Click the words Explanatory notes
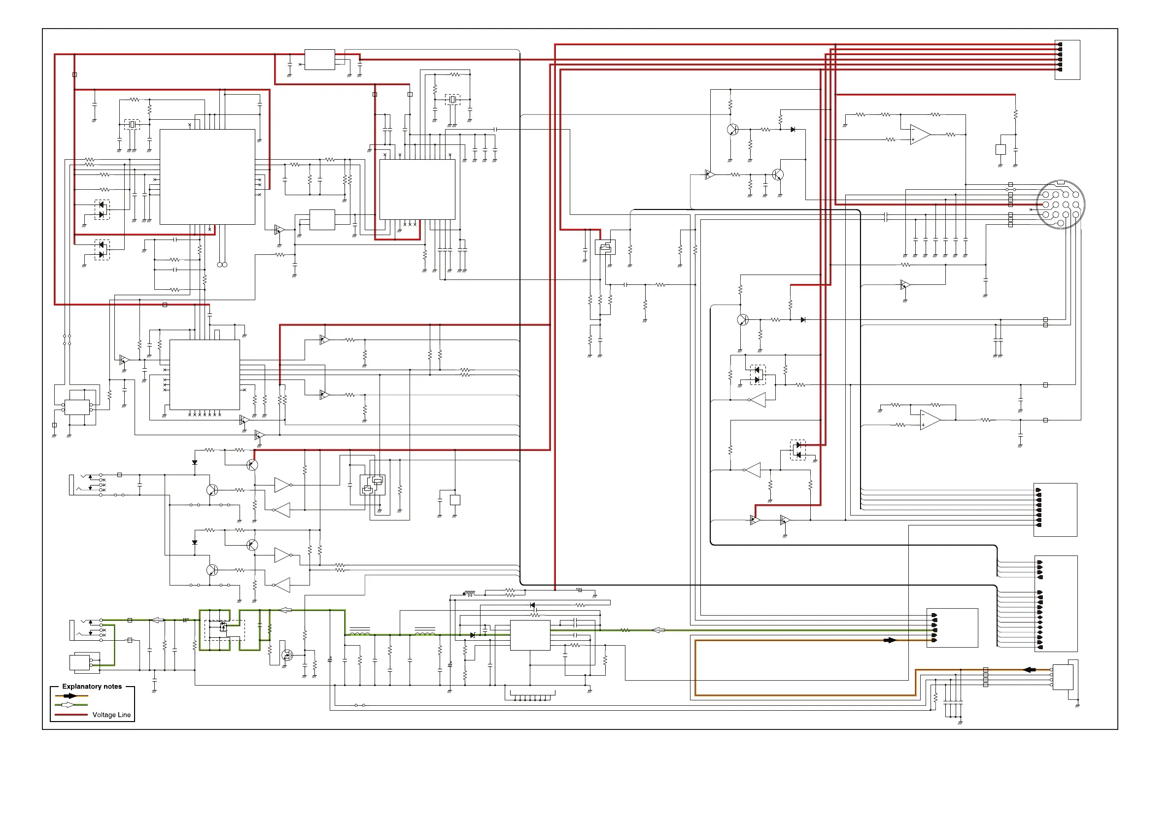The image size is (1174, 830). (x=92, y=686)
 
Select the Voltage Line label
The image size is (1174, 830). (x=111, y=715)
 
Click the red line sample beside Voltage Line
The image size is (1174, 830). (x=71, y=715)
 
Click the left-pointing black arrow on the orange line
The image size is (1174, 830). (x=1029, y=669)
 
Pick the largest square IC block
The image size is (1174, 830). (x=207, y=176)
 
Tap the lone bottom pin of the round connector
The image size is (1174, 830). (x=1061, y=223)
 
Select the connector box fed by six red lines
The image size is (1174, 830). (x=1067, y=60)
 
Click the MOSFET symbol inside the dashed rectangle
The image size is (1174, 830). (x=223, y=627)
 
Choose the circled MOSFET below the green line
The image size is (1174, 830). (x=287, y=655)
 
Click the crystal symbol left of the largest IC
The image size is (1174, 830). (x=132, y=124)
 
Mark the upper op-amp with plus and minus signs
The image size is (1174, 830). (x=920, y=135)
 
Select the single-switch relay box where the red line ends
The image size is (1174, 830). (x=605, y=248)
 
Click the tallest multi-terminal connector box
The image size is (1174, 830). (x=1056, y=603)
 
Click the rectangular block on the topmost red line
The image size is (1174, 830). (x=319, y=59)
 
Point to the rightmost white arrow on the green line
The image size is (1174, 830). (x=658, y=630)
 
